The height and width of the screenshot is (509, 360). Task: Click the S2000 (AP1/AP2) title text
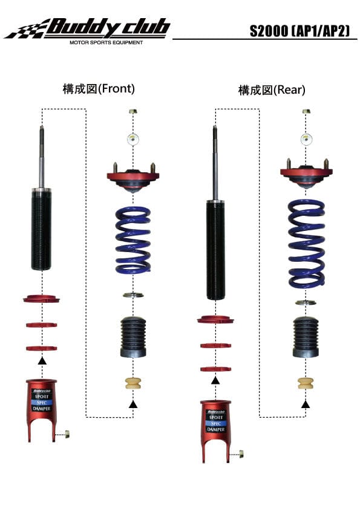pos(300,30)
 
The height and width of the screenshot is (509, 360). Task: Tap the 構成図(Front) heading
pos(99,88)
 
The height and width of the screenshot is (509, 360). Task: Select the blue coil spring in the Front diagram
pos(133,239)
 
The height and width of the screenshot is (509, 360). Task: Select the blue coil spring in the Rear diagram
pos(307,244)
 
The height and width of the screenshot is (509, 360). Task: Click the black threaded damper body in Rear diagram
pos(215,249)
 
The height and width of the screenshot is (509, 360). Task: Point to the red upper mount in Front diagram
pos(133,177)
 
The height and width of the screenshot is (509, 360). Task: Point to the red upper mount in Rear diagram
pos(306,173)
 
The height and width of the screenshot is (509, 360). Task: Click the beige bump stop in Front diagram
pos(133,384)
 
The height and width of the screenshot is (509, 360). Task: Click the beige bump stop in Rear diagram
pos(306,384)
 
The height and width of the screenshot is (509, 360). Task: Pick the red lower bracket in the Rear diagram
pos(215,426)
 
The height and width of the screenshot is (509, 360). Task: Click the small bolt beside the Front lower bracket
pos(67,433)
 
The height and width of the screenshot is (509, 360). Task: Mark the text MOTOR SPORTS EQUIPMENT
pos(106,43)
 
